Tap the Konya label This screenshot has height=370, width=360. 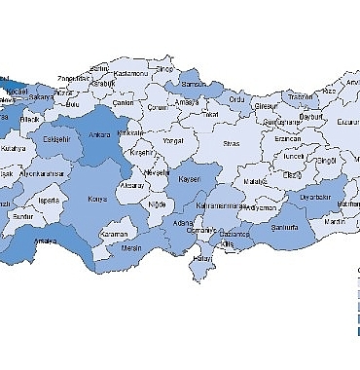pos(97,199)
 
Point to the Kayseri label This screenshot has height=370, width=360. pos(189,179)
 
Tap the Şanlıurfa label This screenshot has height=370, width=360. pos(285,228)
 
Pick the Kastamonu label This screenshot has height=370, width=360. pos(129,74)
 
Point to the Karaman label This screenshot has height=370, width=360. pos(115,235)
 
